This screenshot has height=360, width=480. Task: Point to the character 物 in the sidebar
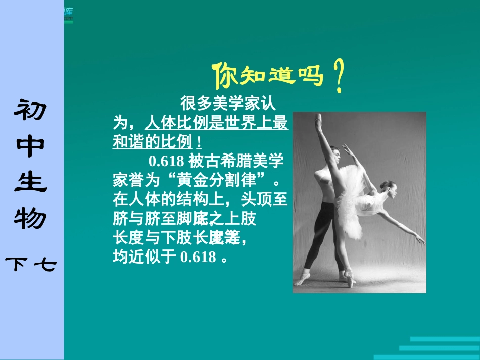[32, 218]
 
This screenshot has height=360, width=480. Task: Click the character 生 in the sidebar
[32, 182]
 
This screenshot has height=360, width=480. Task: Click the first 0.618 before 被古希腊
[166, 162]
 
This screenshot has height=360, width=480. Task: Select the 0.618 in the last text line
[198, 257]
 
